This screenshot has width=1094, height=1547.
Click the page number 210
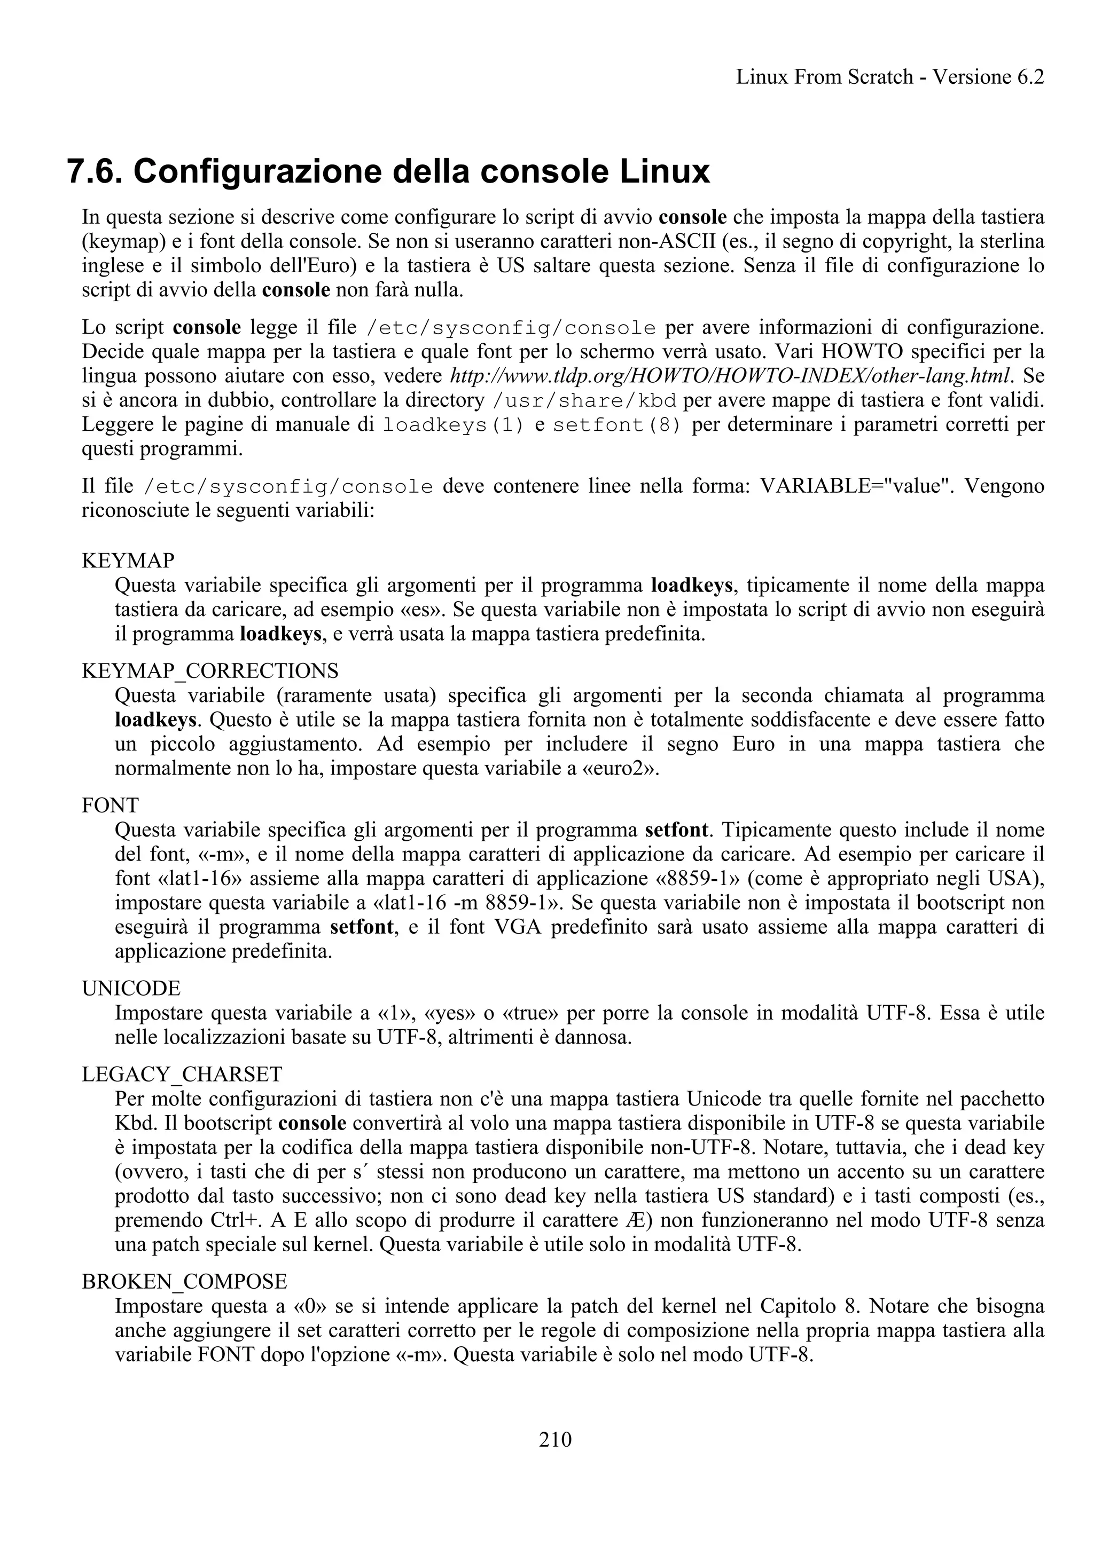[x=555, y=1440]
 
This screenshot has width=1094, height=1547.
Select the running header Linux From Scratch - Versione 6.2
[x=890, y=77]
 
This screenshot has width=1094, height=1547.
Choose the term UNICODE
[x=131, y=989]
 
